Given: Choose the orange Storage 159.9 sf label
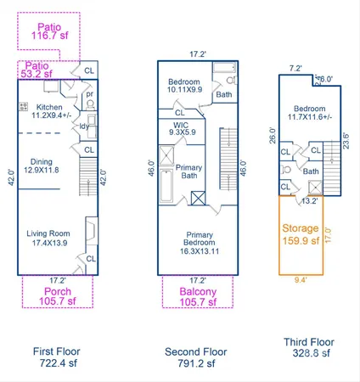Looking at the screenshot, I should tap(303, 233).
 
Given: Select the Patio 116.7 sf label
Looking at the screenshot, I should tap(50, 32).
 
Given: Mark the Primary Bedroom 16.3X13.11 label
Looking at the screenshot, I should tap(198, 245).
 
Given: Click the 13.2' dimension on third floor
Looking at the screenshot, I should tap(310, 202).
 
